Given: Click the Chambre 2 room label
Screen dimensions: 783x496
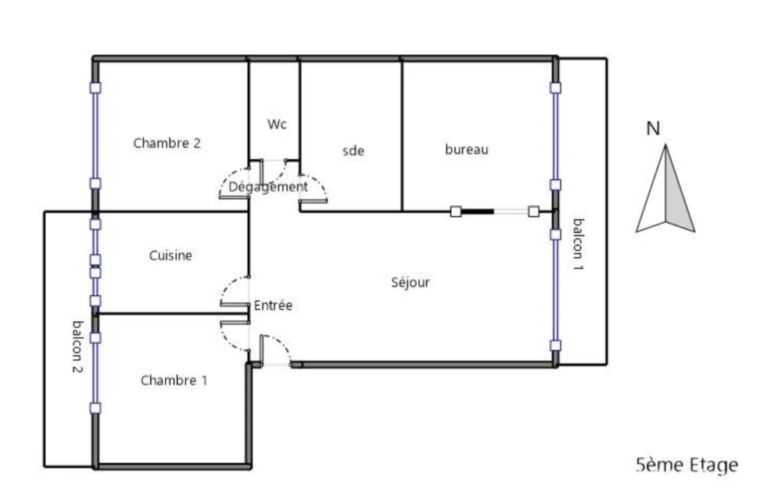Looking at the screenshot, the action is [x=167, y=143].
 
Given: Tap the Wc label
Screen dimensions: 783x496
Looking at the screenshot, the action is [x=277, y=124].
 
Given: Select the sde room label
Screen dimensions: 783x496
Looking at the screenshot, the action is [x=353, y=151].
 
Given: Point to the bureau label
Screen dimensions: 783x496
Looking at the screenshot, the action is [x=466, y=149].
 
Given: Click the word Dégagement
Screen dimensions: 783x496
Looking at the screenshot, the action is [x=268, y=187].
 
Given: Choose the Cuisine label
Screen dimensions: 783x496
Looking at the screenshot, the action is [x=171, y=255].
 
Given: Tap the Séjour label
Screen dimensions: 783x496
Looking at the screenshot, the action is [x=410, y=283].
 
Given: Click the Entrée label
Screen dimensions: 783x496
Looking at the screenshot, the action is [x=273, y=305].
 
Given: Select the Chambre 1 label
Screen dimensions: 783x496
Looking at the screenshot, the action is [x=174, y=381].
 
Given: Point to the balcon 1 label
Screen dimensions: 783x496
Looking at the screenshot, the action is [x=578, y=244].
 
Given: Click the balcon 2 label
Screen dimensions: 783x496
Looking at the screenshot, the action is [x=77, y=347].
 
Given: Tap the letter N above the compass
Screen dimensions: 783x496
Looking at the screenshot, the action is [x=653, y=128].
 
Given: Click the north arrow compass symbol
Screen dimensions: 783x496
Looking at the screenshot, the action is [x=665, y=189].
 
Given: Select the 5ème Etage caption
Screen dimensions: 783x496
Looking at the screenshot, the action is [x=687, y=465].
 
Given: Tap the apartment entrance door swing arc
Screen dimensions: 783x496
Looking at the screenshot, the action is [x=280, y=342].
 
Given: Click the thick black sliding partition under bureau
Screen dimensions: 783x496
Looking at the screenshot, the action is [x=477, y=212].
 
